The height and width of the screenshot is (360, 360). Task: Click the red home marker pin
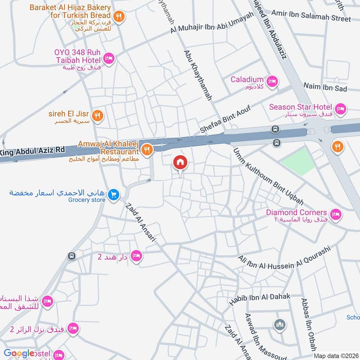(180, 162)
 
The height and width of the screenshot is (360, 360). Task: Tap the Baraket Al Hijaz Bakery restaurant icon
(119, 17)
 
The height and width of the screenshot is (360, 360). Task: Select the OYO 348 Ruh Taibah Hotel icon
(108, 58)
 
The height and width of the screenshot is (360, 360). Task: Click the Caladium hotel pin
(272, 81)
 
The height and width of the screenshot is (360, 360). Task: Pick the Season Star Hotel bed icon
(341, 108)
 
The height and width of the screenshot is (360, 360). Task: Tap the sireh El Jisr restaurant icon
(98, 116)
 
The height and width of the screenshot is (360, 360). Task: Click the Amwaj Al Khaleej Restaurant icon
(146, 149)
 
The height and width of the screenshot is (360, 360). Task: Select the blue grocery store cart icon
(114, 194)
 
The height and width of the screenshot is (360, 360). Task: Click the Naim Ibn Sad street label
(325, 87)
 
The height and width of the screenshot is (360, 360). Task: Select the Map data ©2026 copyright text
(335, 355)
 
